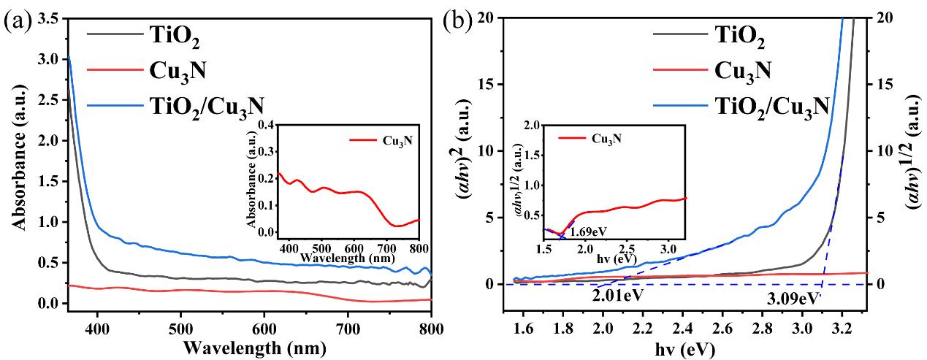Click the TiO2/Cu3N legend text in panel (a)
(x=204, y=106)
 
